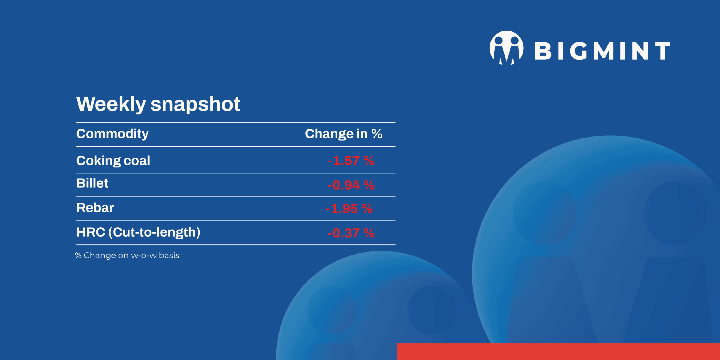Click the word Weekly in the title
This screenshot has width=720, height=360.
coord(111,104)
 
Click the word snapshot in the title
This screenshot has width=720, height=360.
coord(195,104)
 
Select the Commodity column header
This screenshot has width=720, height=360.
coord(112,134)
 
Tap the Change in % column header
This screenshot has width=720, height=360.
coord(343,134)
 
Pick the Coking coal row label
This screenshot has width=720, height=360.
coord(113,161)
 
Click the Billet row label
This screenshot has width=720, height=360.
coord(92,183)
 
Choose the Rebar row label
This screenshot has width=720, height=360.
coord(95,208)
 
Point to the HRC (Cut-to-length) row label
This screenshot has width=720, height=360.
coord(138,232)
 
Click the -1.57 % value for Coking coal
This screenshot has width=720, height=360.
coord(351,161)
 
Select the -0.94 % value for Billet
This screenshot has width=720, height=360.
coord(351,185)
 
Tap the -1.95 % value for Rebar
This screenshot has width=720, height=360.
coord(349,209)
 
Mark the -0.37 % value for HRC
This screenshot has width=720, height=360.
coord(351,233)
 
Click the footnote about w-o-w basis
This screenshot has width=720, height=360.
coord(127,255)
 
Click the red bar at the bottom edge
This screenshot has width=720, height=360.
coord(558,352)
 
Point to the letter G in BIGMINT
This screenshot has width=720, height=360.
coord(577,51)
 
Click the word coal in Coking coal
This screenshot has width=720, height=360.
coord(137,161)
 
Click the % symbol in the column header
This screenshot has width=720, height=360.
coord(377,134)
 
